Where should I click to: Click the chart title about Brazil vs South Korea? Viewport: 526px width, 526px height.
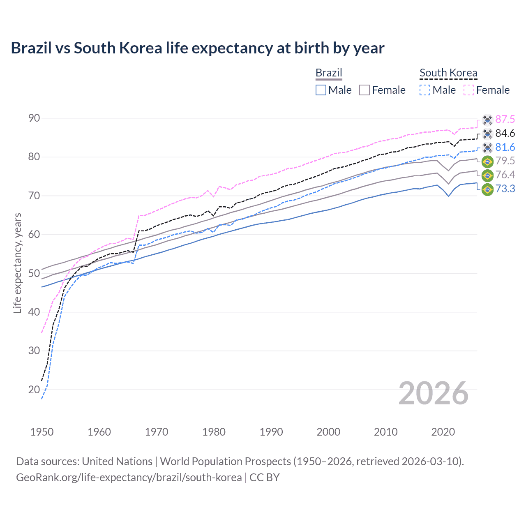click(x=197, y=48)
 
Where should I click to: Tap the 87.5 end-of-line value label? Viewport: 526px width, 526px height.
click(x=505, y=119)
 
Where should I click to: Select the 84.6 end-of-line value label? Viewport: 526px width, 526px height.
click(x=505, y=133)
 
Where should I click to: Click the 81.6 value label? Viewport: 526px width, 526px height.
click(x=505, y=147)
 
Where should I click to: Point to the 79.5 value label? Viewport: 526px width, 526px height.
click(x=505, y=161)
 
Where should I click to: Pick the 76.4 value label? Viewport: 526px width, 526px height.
click(x=505, y=175)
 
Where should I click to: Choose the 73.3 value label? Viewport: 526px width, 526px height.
click(x=505, y=189)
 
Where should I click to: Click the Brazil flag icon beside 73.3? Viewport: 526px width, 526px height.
click(x=487, y=189)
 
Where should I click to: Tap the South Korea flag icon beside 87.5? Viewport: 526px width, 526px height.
click(x=487, y=120)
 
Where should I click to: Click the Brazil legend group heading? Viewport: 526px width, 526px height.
click(x=329, y=73)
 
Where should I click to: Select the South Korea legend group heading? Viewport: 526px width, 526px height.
click(x=448, y=73)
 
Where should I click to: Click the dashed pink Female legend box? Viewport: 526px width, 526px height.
click(x=469, y=90)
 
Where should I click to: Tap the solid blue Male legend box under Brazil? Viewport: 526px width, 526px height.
click(x=321, y=90)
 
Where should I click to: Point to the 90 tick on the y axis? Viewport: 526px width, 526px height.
click(x=34, y=118)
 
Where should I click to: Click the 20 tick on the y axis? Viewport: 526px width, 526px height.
click(x=34, y=390)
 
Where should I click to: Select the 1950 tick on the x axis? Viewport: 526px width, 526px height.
click(x=42, y=432)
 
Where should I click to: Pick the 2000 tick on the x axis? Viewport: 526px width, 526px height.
click(x=328, y=432)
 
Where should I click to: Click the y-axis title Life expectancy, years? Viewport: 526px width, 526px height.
click(x=17, y=263)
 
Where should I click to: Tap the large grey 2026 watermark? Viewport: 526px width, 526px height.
click(x=434, y=393)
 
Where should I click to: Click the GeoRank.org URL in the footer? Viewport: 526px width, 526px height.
click(x=129, y=478)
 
